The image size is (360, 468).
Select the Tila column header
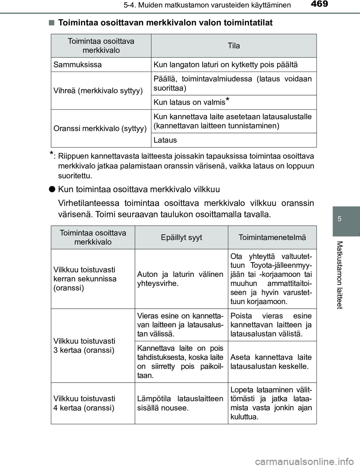click(x=234, y=46)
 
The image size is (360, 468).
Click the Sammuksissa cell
click(x=78, y=64)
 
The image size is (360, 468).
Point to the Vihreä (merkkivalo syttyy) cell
click(x=98, y=91)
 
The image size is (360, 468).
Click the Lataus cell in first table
click(x=165, y=140)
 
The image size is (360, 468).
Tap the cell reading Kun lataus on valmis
click(x=191, y=102)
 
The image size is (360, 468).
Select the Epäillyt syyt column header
click(x=181, y=237)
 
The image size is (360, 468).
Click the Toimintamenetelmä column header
click(x=272, y=237)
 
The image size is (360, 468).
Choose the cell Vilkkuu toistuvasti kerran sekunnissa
click(x=85, y=279)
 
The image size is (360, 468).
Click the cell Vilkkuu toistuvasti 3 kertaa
click(x=84, y=345)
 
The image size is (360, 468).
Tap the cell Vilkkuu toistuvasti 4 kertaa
click(x=84, y=403)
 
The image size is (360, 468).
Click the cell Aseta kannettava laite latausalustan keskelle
click(x=271, y=362)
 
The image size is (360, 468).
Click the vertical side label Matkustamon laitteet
click(x=339, y=275)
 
